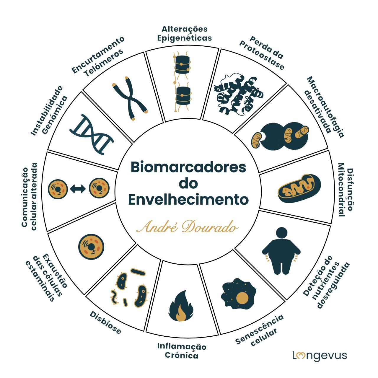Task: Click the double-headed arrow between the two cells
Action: (78, 188)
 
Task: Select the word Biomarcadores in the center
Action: (188, 167)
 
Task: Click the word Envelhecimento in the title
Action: (188, 199)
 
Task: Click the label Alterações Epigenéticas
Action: (185, 33)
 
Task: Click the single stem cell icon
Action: (92, 247)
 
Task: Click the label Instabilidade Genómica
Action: (49, 110)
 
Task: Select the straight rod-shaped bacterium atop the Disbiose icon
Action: (138, 272)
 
